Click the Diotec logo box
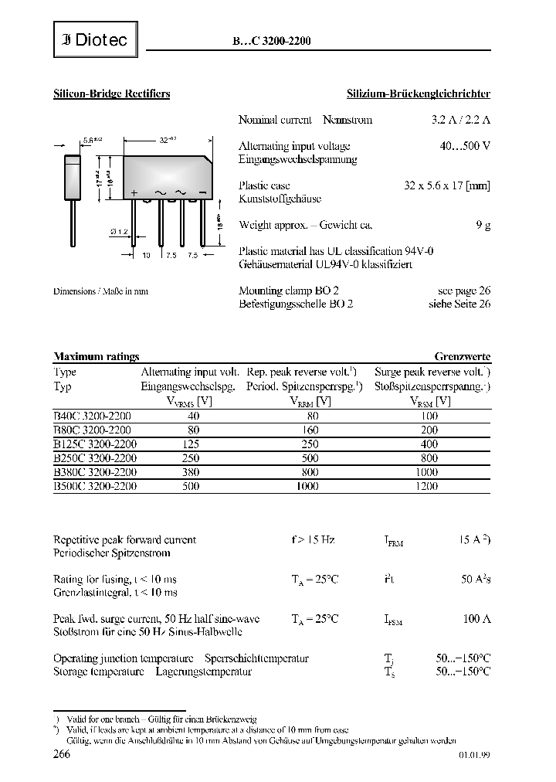(x=96, y=40)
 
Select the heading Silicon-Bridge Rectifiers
(x=111, y=93)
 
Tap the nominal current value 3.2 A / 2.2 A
(x=460, y=120)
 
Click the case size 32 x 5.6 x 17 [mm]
(x=447, y=186)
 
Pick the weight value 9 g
(x=483, y=225)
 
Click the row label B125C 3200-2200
(x=95, y=444)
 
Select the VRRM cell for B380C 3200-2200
(x=310, y=471)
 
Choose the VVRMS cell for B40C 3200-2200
(x=192, y=416)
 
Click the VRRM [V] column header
(x=310, y=401)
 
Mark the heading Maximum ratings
(x=96, y=356)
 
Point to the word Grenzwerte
(x=462, y=356)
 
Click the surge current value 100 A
(x=476, y=618)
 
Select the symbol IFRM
(x=393, y=541)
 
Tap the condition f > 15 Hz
(x=313, y=539)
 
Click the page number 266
(x=62, y=755)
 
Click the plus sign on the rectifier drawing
(x=134, y=193)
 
